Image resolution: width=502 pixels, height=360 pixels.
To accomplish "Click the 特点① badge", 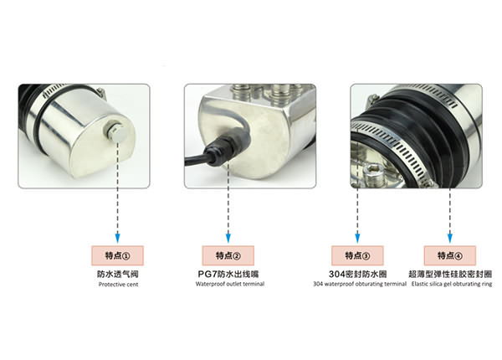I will point(117,255).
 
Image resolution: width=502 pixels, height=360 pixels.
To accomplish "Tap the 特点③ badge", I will point(357,255).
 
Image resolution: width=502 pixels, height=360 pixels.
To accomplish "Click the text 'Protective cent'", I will point(117,285).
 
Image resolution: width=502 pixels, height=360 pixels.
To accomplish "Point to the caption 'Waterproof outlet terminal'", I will point(228,285).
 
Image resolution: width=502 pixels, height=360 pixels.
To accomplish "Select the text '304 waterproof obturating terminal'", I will point(357,285).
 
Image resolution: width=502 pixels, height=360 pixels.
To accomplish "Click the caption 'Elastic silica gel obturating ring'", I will point(451,285).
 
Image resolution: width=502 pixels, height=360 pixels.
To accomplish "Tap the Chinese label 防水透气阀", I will point(117,274).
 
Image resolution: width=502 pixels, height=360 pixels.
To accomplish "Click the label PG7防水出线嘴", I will point(228,274).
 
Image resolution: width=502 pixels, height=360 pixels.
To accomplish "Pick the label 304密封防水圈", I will point(357,274).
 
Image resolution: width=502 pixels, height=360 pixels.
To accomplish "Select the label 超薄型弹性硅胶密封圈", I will point(451,274).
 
